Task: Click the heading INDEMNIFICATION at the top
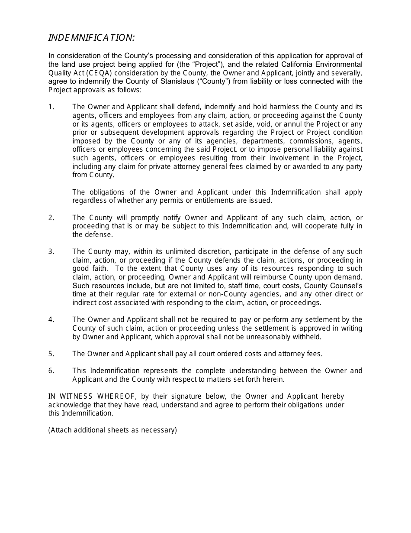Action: click(x=91, y=38)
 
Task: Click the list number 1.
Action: click(x=51, y=107)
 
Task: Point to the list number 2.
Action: click(x=51, y=218)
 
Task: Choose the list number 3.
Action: click(x=51, y=252)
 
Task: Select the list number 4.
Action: click(x=51, y=320)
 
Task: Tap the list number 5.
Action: click(x=51, y=354)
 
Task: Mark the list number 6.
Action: click(x=51, y=371)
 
